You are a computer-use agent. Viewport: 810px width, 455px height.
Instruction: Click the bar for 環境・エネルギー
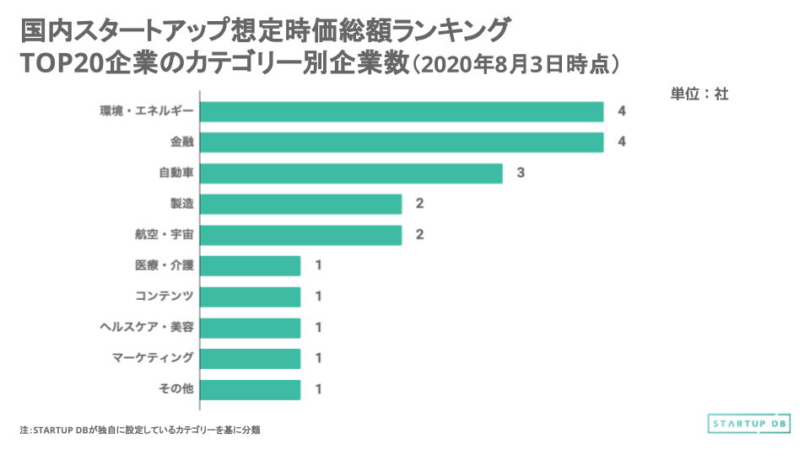click(402, 112)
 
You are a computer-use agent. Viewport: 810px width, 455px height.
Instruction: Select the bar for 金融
click(402, 142)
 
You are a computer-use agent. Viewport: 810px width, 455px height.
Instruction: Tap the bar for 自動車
click(351, 174)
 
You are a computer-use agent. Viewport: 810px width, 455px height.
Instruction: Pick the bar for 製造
click(300, 204)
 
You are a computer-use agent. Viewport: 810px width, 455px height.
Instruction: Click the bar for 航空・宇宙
click(300, 235)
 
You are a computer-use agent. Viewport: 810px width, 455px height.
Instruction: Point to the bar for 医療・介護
click(250, 265)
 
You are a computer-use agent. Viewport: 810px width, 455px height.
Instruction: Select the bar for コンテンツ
click(250, 297)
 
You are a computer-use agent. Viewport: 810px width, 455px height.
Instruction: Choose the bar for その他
click(250, 389)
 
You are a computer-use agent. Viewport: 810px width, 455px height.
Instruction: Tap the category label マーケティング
click(153, 358)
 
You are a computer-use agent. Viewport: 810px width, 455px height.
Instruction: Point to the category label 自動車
click(176, 174)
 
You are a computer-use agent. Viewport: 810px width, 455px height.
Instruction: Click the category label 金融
click(181, 142)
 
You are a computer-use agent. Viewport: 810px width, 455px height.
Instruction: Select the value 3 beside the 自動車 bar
click(521, 174)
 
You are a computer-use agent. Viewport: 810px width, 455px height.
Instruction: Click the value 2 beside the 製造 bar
click(419, 204)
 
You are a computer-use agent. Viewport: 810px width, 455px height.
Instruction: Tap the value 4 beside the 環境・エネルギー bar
click(622, 112)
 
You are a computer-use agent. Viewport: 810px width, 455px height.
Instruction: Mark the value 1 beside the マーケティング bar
click(318, 358)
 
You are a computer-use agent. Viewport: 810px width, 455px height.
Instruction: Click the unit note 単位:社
click(699, 94)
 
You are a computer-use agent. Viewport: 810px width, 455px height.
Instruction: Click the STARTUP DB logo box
click(749, 423)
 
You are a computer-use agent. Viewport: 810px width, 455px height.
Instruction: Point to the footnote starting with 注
click(139, 430)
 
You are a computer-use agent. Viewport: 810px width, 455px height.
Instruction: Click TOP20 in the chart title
click(61, 64)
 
